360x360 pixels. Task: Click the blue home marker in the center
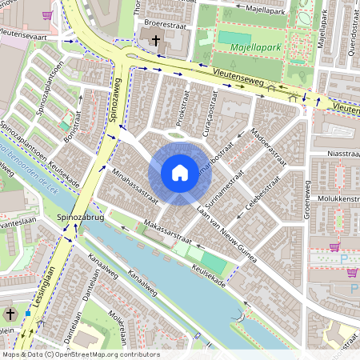180,172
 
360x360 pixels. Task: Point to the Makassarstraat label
169,232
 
